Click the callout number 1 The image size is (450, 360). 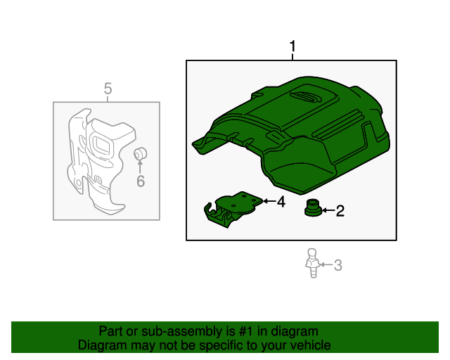click(292, 47)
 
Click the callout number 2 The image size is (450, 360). click(340, 210)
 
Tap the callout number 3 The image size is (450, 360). click(337, 265)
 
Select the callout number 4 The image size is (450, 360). click(281, 202)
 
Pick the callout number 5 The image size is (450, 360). click(108, 89)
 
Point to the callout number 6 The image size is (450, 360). click(140, 182)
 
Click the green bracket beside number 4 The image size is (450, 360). click(232, 208)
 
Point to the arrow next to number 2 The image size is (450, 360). click(327, 210)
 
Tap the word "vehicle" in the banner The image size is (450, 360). click(310, 345)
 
